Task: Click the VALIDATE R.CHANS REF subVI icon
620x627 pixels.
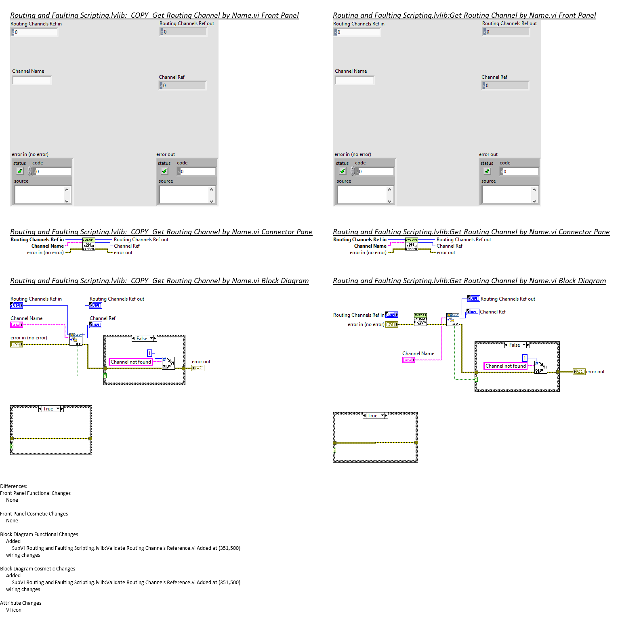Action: coord(420,319)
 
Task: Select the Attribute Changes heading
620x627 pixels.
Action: coord(21,603)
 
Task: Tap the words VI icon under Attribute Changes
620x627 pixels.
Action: coord(14,610)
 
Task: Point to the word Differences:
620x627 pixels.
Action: coord(14,486)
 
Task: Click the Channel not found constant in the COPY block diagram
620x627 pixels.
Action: coord(130,362)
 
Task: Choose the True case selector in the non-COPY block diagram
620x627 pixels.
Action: coord(375,416)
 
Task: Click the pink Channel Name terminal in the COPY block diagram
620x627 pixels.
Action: coord(17,325)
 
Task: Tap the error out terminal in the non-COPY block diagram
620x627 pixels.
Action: coord(579,372)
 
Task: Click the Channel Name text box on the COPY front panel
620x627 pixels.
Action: coord(32,80)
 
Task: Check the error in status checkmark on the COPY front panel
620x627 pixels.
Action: coord(20,171)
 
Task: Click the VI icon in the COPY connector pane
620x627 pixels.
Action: coord(89,244)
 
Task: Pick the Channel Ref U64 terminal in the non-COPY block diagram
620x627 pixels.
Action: coord(473,312)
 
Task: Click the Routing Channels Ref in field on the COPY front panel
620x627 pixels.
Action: coord(36,32)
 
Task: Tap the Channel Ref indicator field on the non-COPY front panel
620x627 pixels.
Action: coord(507,86)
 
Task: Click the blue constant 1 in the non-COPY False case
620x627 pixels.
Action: coord(525,358)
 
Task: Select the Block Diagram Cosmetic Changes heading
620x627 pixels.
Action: coord(38,569)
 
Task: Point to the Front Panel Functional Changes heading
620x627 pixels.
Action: coord(36,493)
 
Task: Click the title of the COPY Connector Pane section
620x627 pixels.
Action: coord(161,232)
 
